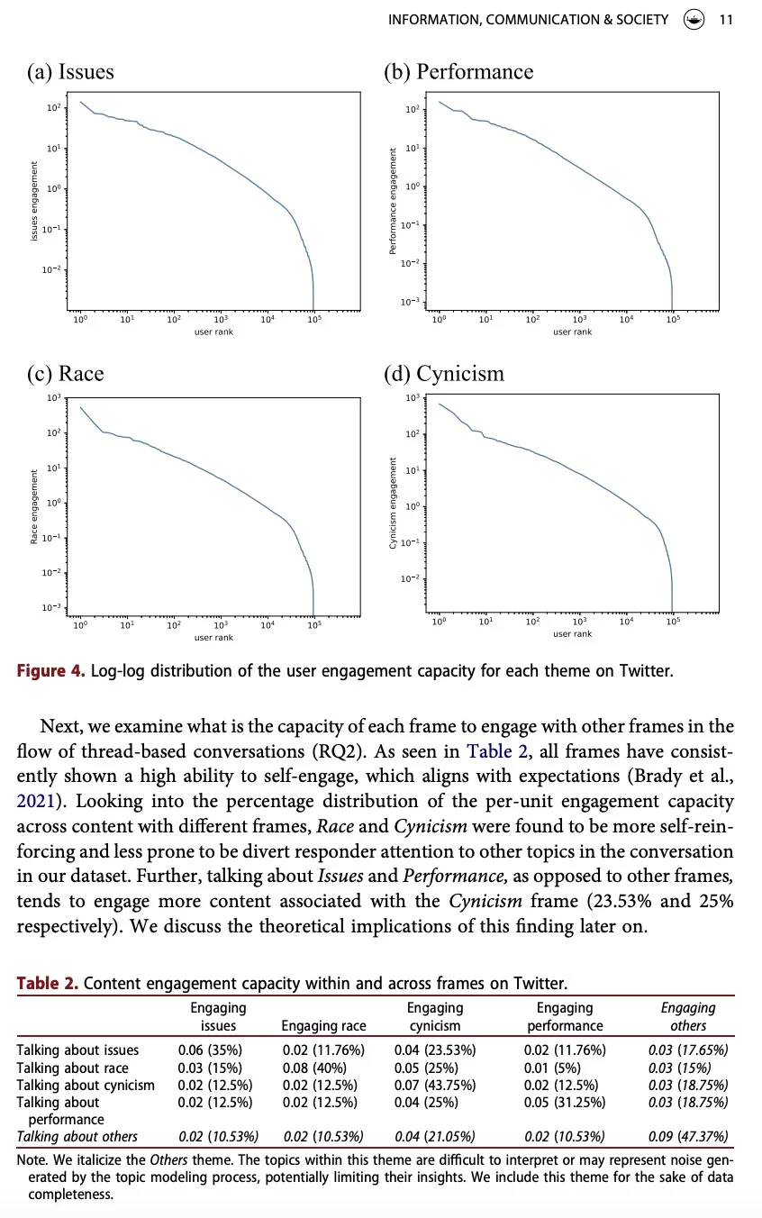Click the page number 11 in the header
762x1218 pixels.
point(726,18)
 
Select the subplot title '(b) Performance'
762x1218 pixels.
point(458,72)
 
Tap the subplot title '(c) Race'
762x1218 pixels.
point(65,374)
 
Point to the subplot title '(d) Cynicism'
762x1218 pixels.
point(444,374)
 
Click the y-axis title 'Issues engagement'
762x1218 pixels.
point(34,201)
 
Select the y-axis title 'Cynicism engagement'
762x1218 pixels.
point(393,503)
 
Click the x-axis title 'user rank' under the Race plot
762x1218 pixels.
point(213,638)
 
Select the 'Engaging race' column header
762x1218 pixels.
point(323,1025)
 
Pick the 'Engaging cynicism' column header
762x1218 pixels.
point(434,1016)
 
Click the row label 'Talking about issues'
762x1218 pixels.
point(77,1050)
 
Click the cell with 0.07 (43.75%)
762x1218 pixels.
point(435,1085)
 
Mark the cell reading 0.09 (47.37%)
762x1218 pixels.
point(688,1136)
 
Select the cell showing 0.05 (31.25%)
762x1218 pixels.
point(565,1102)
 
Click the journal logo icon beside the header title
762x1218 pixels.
point(694,18)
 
